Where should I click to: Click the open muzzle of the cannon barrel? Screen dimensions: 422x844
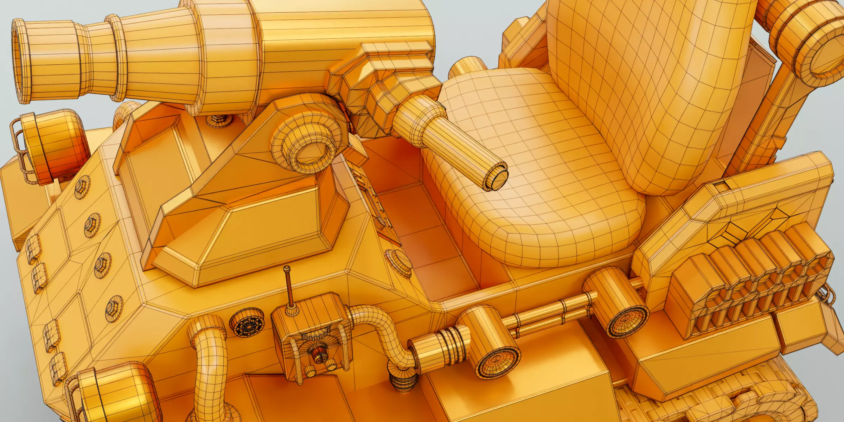22,62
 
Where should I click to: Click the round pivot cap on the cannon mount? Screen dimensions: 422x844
313,154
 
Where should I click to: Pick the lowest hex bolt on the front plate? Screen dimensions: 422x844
114,308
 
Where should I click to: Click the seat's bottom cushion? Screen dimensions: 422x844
549,197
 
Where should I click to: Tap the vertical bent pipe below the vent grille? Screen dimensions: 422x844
209,369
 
